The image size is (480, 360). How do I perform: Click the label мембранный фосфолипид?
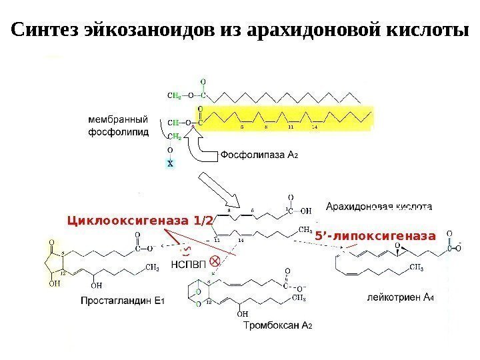[x=118, y=125]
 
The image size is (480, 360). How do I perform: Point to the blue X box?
[x=170, y=163]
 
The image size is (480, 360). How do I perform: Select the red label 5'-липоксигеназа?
[x=375, y=235]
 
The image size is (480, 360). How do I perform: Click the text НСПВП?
[x=191, y=264]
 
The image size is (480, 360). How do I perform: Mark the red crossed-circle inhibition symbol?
[x=215, y=260]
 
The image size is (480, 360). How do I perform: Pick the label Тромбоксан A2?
[x=278, y=326]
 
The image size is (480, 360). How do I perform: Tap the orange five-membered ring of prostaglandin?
[x=55, y=262]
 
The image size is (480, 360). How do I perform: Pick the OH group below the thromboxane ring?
[x=242, y=314]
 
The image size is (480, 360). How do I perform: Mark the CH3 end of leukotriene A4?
[x=416, y=269]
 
